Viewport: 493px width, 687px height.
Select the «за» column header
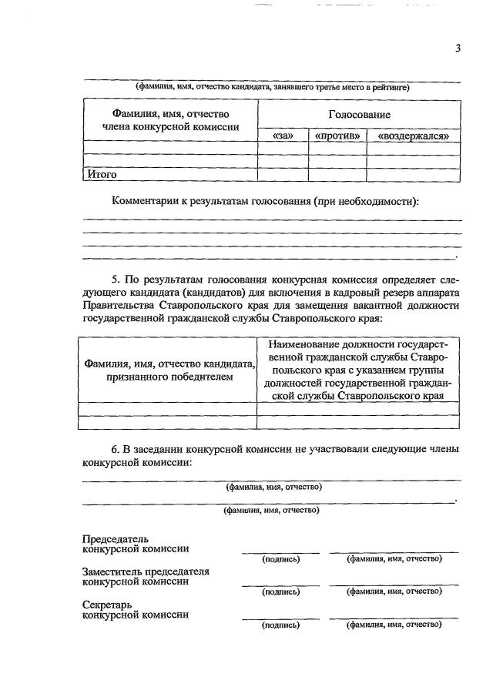[x=284, y=136]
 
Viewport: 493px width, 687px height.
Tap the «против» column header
[x=337, y=136]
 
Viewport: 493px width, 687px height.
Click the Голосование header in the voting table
[x=358, y=115]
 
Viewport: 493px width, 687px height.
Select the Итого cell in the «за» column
[x=283, y=175]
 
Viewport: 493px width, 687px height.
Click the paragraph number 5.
[x=116, y=279]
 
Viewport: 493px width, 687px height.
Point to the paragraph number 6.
[x=116, y=448]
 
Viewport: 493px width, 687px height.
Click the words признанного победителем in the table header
[x=169, y=378]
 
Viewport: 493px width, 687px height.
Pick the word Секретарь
[x=108, y=605]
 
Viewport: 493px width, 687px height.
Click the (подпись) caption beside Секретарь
[x=280, y=625]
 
